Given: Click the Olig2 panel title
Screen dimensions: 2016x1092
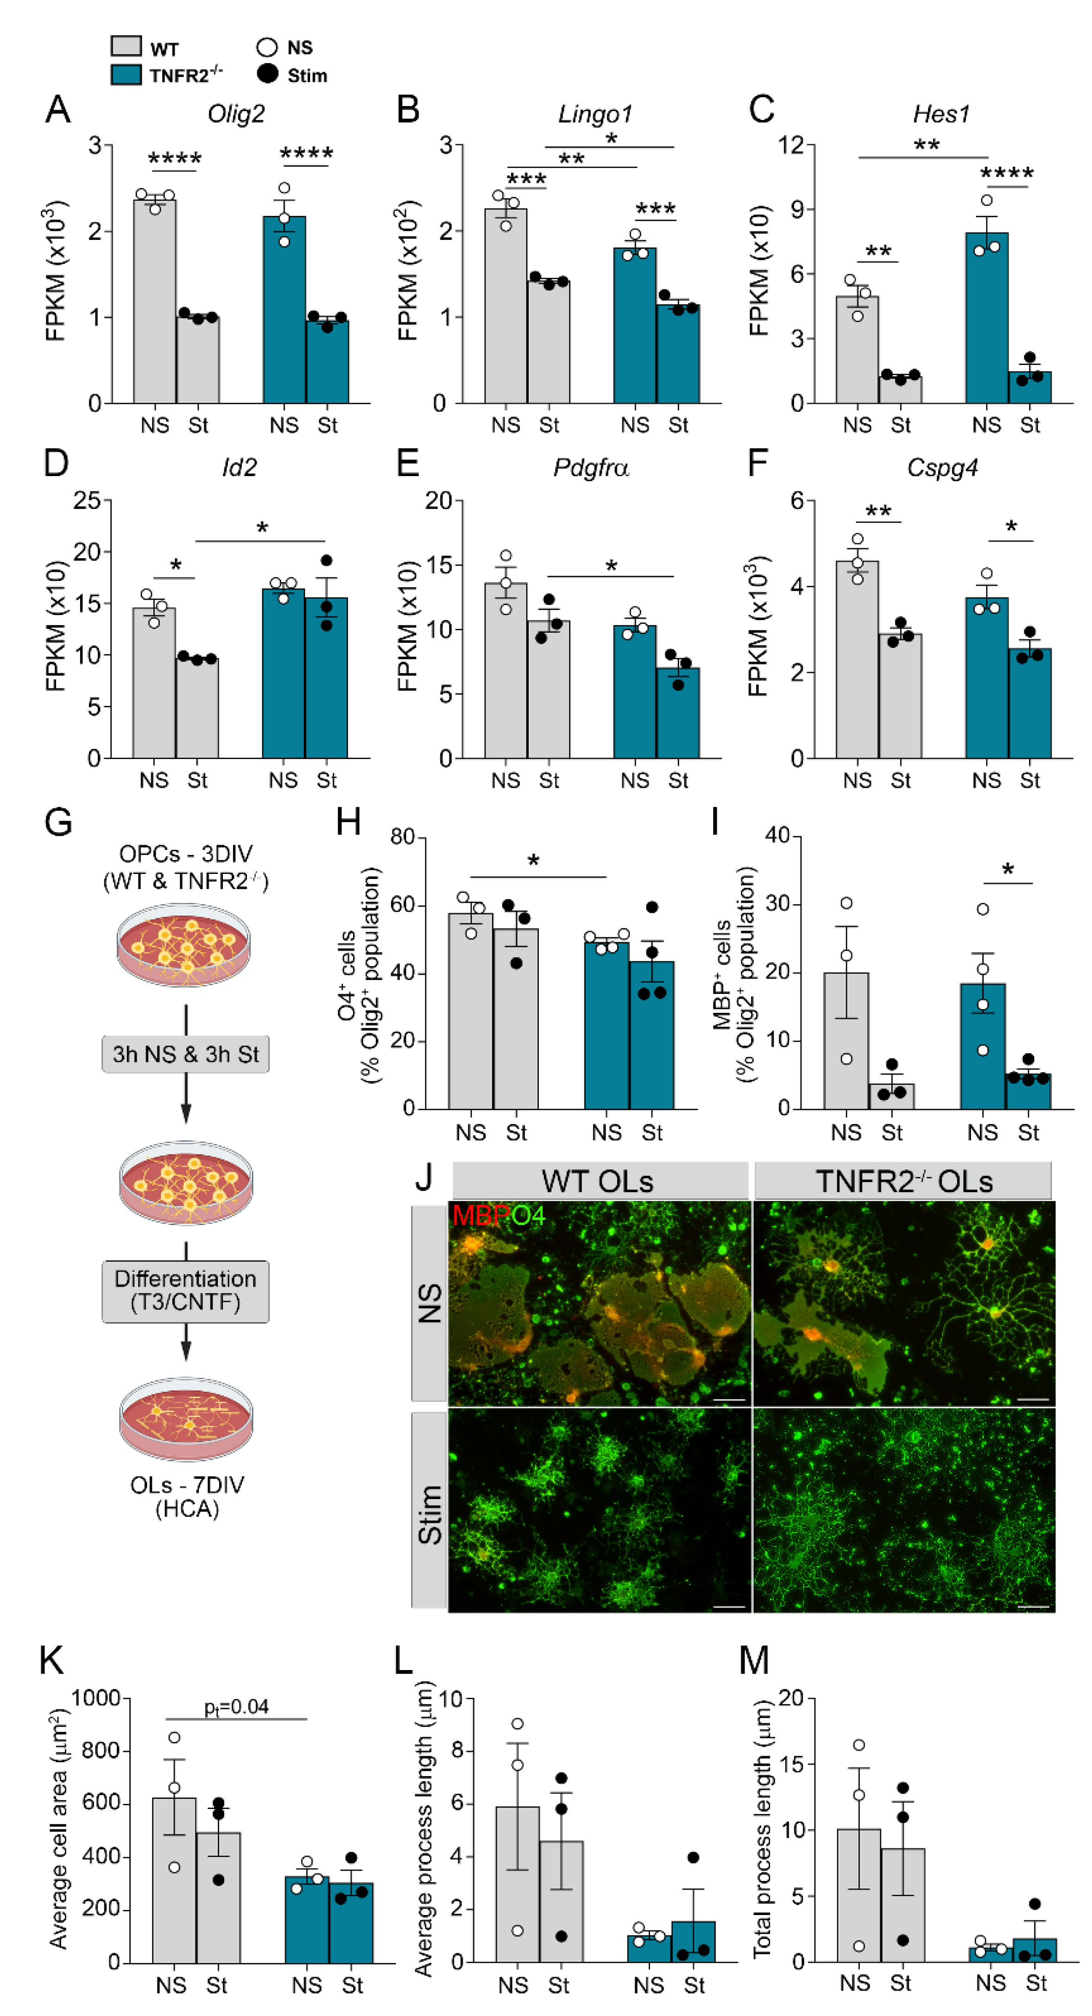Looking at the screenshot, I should [x=236, y=114].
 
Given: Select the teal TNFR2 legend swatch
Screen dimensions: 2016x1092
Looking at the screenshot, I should [x=126, y=75].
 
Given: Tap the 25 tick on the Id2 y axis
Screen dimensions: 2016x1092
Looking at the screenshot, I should [x=88, y=500].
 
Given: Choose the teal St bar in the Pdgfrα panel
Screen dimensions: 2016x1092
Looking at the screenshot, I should [x=678, y=713].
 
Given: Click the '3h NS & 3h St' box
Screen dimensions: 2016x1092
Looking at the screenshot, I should [x=185, y=1054].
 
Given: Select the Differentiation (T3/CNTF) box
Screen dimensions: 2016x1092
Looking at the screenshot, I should [x=185, y=1291].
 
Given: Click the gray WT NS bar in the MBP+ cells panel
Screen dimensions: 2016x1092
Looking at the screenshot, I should [x=846, y=1041].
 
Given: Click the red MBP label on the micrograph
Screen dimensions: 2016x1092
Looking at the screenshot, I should [x=480, y=1215].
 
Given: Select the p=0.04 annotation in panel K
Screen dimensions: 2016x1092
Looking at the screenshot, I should [x=236, y=1707].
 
